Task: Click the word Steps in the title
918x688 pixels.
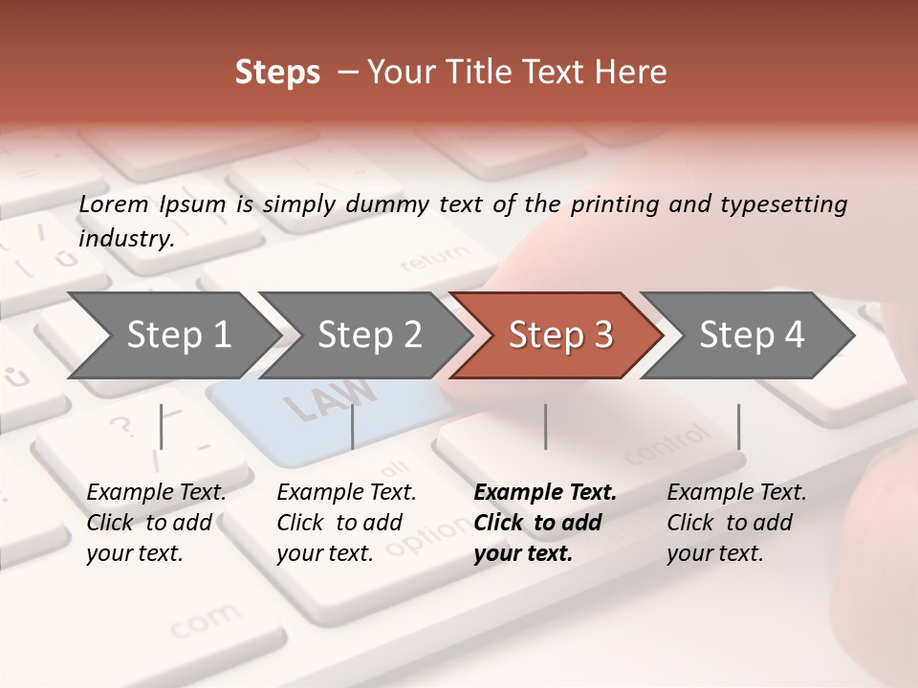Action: pos(277,73)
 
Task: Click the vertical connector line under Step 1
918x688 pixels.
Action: pos(162,426)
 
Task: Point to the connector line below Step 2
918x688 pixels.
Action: pos(353,426)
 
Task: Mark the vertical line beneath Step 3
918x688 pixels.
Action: pos(546,426)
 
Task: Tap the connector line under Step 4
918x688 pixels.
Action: pos(738,426)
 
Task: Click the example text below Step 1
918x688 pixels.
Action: pos(156,523)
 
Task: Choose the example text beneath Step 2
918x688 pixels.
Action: pos(346,523)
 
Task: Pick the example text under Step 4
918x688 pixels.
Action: pos(736,523)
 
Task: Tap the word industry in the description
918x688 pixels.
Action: pos(124,239)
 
